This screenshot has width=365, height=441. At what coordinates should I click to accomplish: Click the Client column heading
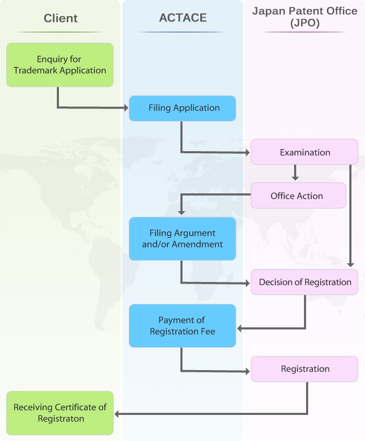click(60, 18)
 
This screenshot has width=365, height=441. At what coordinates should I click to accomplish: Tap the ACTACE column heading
click(182, 18)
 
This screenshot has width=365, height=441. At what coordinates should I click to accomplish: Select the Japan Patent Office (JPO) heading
click(305, 17)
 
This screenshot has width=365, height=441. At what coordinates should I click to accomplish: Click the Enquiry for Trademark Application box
click(60, 65)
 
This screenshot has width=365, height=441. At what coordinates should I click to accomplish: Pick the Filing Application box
click(182, 108)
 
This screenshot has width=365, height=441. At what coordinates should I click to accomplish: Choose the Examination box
click(305, 152)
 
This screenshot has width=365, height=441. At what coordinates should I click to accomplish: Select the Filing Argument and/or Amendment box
click(182, 239)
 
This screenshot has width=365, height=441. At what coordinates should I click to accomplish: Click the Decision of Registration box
click(305, 282)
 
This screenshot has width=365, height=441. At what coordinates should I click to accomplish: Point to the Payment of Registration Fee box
click(182, 326)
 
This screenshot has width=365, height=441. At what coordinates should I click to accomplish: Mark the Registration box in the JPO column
click(305, 369)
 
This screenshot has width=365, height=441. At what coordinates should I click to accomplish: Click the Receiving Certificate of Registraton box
click(60, 413)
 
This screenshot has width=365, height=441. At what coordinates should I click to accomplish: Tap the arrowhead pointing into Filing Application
click(126, 108)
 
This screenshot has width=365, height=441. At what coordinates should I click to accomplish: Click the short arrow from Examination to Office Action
click(295, 173)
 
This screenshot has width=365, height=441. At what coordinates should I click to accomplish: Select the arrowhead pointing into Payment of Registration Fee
click(240, 328)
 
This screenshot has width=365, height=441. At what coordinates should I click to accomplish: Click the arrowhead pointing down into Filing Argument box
click(181, 212)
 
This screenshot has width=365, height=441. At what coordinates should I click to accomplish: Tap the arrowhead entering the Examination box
click(248, 152)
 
